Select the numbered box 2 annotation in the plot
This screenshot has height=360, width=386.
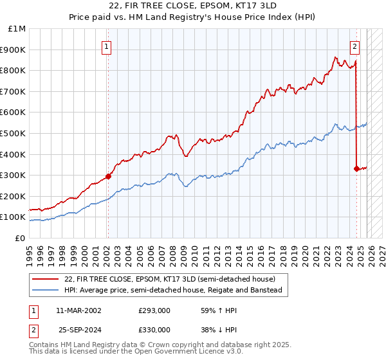354,46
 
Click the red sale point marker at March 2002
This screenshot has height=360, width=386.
108,176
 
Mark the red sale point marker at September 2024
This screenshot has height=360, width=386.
356,168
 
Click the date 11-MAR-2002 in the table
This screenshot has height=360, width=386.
79,310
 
